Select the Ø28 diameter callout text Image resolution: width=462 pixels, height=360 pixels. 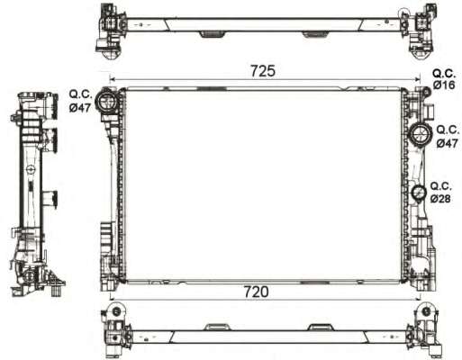click(440, 197)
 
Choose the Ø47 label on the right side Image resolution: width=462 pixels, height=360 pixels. click(446, 143)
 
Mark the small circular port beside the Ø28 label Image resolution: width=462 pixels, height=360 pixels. click(419, 193)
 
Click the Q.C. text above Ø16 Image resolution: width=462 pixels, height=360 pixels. click(444, 73)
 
